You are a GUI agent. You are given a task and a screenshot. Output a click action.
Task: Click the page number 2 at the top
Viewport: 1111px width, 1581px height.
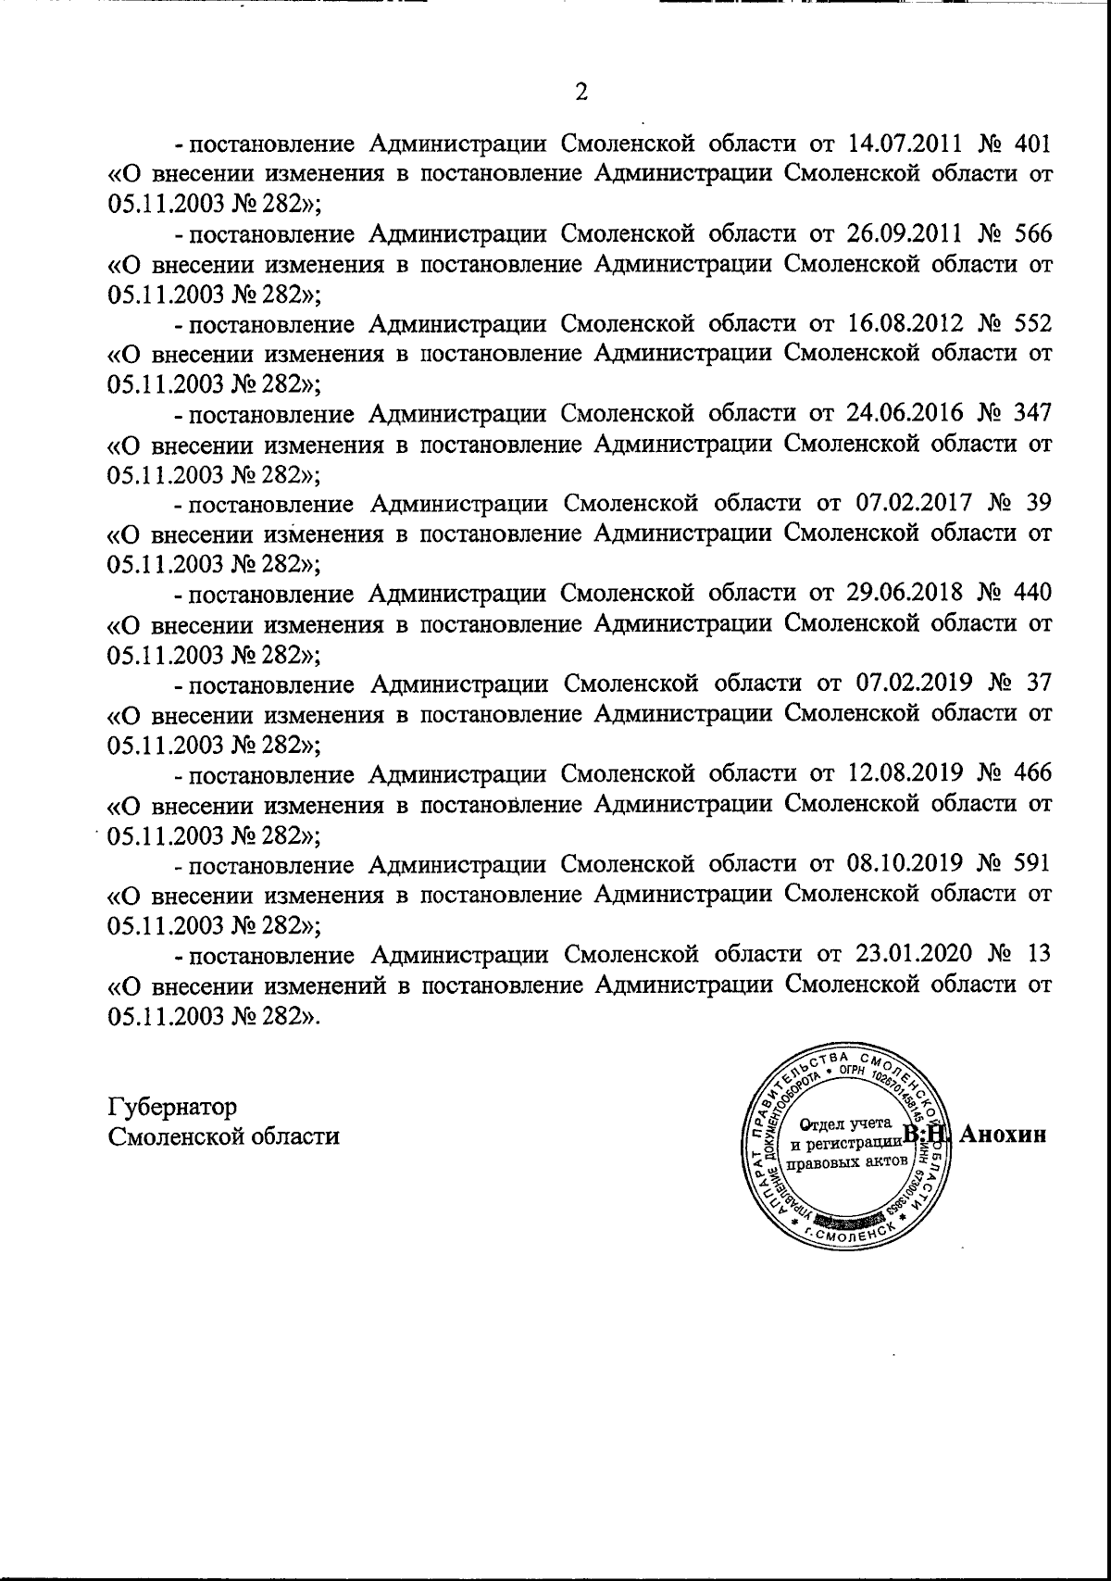pyautogui.click(x=581, y=92)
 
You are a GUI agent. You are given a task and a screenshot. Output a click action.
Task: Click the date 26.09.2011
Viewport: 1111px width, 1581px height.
pyautogui.click(x=907, y=233)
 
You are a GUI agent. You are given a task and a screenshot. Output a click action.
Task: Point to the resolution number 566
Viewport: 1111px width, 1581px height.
pyautogui.click(x=1033, y=233)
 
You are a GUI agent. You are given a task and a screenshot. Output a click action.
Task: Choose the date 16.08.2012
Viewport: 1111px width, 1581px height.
pyautogui.click(x=907, y=323)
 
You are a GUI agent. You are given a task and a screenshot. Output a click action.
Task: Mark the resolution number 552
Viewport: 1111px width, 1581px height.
pyautogui.click(x=1033, y=323)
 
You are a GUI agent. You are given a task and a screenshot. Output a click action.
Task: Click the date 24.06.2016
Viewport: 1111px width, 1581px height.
pyautogui.click(x=907, y=413)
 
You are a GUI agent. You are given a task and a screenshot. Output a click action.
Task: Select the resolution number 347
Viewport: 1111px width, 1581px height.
pyautogui.click(x=1033, y=413)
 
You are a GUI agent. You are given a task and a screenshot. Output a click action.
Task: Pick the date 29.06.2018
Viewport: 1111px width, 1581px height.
pyautogui.click(x=907, y=593)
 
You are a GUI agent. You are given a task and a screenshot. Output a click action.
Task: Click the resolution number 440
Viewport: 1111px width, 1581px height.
pyautogui.click(x=1033, y=593)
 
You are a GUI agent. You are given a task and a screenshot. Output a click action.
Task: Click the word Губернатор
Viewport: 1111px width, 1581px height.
pyautogui.click(x=172, y=1107)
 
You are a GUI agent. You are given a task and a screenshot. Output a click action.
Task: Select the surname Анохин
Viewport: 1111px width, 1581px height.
pyautogui.click(x=1004, y=1135)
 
